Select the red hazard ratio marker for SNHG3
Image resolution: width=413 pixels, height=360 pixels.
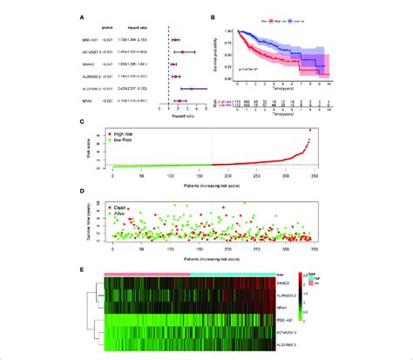175,64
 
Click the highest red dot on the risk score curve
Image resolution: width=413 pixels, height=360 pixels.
308,130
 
